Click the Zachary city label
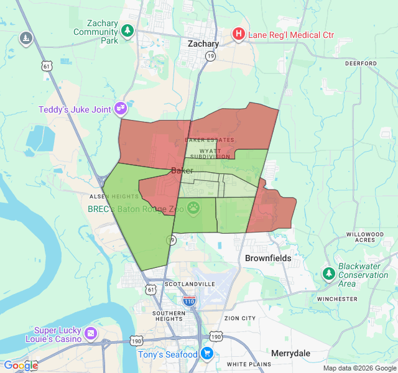click(x=203, y=44)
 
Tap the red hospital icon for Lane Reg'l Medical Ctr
click(x=238, y=35)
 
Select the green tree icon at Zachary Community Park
click(x=127, y=30)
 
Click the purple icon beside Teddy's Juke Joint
click(x=121, y=109)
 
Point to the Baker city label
click(x=182, y=170)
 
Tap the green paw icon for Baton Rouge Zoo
click(x=194, y=208)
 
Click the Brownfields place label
click(x=268, y=257)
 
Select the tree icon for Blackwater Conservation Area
click(x=328, y=273)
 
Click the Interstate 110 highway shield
click(x=190, y=302)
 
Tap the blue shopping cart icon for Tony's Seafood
click(x=207, y=354)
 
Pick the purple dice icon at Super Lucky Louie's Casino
click(x=91, y=334)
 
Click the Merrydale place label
click(x=290, y=352)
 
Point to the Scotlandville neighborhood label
click(x=190, y=283)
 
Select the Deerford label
click(x=361, y=63)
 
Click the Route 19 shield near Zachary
click(x=211, y=56)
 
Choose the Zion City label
click(x=239, y=318)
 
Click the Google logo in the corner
click(x=20, y=366)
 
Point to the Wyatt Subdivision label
click(x=210, y=153)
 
